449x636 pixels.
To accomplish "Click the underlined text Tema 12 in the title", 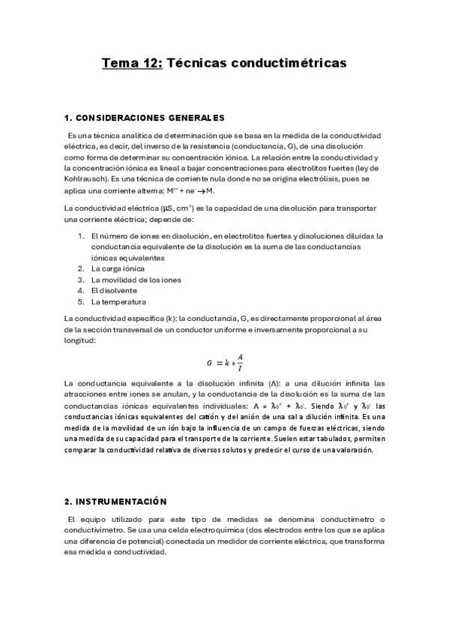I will pyautogui.click(x=131, y=64).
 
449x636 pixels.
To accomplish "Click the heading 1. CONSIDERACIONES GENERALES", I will pyautogui.click(x=145, y=118).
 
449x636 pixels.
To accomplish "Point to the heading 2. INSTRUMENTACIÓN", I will pyautogui.click(x=115, y=501).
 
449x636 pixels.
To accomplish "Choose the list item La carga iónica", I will pyautogui.click(x=117, y=268).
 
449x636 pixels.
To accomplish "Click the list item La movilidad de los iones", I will pyautogui.click(x=136, y=280).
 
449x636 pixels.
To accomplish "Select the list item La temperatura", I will pyautogui.click(x=118, y=302).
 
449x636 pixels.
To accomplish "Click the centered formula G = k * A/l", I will pyautogui.click(x=224, y=361).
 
